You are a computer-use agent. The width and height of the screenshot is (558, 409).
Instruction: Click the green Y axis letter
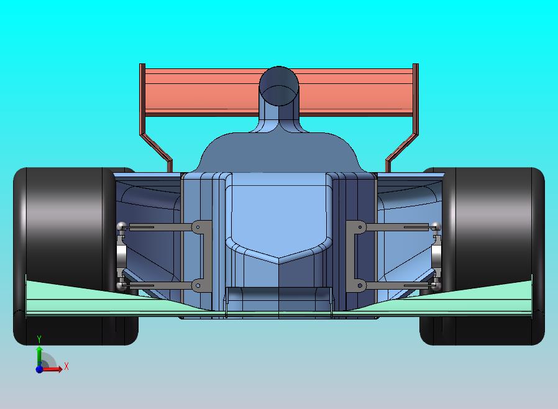click(x=39, y=339)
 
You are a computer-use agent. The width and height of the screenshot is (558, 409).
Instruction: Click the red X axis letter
click(x=66, y=367)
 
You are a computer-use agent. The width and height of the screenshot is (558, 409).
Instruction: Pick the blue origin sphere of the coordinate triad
click(x=39, y=369)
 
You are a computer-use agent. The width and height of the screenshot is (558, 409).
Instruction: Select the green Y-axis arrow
click(x=39, y=354)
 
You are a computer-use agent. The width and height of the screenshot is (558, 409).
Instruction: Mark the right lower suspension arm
click(x=398, y=285)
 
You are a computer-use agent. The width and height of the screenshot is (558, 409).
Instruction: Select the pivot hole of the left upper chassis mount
click(x=198, y=227)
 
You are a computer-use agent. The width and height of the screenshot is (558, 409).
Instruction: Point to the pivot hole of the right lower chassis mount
click(x=359, y=285)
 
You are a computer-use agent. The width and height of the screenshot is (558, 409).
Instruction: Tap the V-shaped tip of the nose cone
click(x=279, y=259)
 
